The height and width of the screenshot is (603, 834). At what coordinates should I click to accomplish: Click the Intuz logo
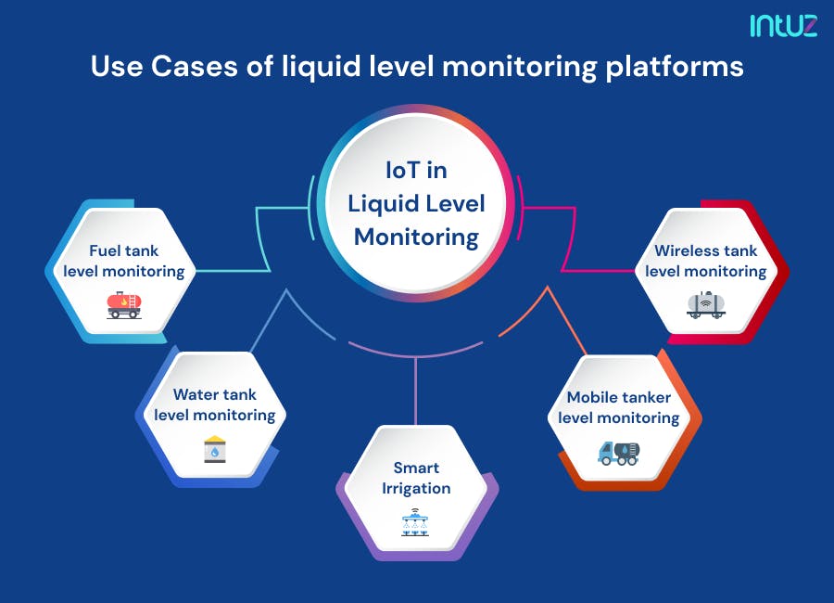(784, 25)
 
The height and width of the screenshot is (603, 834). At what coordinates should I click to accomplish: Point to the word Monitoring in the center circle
(417, 237)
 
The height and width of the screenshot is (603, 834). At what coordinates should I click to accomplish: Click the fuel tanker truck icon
(123, 304)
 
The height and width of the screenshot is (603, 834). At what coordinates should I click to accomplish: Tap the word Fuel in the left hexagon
(107, 250)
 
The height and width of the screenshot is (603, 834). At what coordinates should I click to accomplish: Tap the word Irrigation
(416, 488)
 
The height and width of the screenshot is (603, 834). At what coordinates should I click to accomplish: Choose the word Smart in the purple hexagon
(416, 468)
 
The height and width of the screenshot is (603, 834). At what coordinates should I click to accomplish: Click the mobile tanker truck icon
(618, 452)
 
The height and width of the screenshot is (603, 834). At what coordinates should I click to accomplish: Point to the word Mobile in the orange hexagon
(592, 397)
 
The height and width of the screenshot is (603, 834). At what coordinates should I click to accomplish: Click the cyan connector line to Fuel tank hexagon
(232, 271)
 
